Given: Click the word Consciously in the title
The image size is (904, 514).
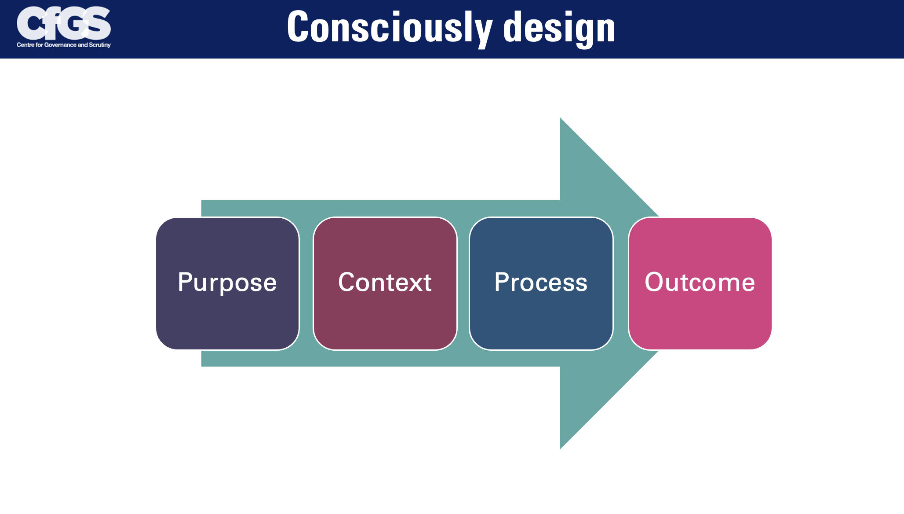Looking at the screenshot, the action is pyautogui.click(x=390, y=28).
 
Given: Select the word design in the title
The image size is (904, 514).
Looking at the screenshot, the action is pyautogui.click(x=559, y=28).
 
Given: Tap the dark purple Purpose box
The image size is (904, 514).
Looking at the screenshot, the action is pyautogui.click(x=227, y=283).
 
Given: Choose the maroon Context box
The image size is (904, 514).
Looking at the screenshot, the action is pyautogui.click(x=385, y=283).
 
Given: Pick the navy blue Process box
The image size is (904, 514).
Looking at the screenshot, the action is pyautogui.click(x=541, y=283).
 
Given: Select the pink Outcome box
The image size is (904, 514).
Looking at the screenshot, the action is pyautogui.click(x=700, y=283).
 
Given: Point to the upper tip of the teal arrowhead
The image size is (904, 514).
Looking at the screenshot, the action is pyautogui.click(x=560, y=118).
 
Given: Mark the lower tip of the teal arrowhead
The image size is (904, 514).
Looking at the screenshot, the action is pyautogui.click(x=560, y=449).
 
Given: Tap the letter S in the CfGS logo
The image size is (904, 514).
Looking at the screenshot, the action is pyautogui.click(x=98, y=23).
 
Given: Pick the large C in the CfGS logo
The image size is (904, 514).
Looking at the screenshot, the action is pyautogui.click(x=30, y=23).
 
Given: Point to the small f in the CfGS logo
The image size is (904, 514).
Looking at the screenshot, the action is pyautogui.click(x=52, y=23).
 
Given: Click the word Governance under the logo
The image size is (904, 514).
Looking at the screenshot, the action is pyautogui.click(x=60, y=45).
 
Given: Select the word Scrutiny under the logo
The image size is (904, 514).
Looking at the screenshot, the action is pyautogui.click(x=100, y=45).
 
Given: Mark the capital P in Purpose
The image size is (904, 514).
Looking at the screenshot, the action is pyautogui.click(x=186, y=282).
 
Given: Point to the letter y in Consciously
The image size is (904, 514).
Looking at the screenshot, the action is pyautogui.click(x=483, y=33).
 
